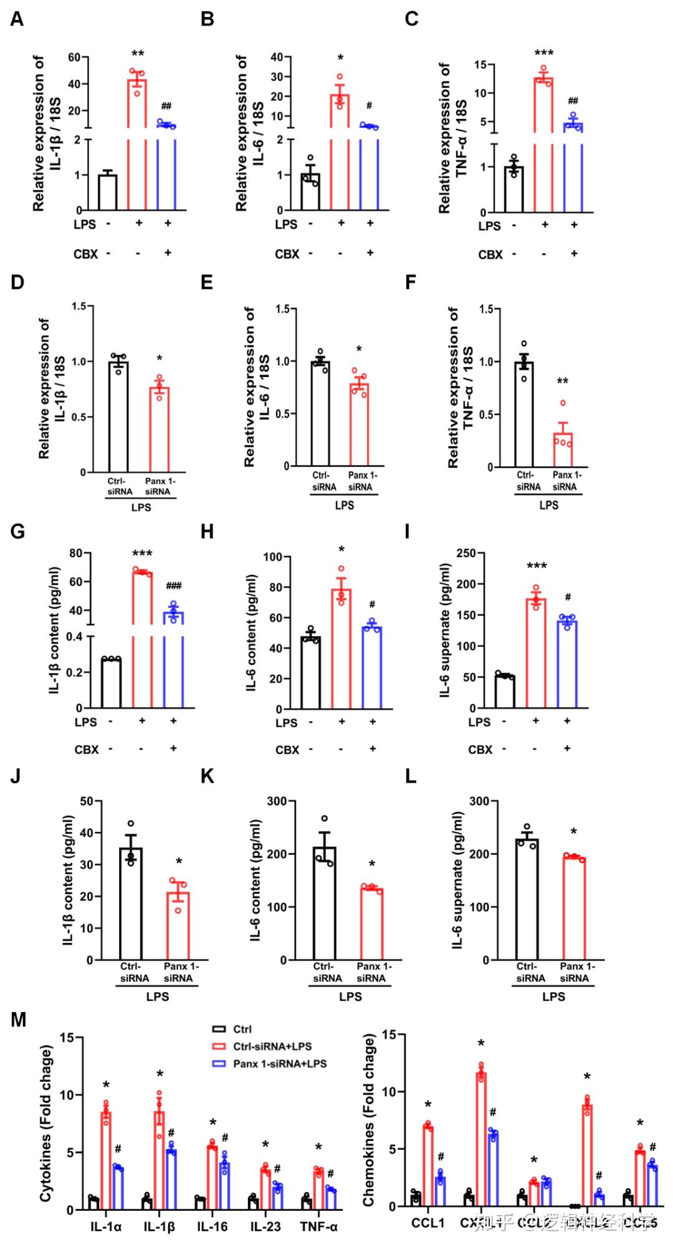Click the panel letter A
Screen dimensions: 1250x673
(x=17, y=19)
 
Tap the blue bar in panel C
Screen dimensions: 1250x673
(x=573, y=168)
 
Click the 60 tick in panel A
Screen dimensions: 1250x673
(x=74, y=57)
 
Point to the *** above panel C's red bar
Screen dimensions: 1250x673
(x=543, y=54)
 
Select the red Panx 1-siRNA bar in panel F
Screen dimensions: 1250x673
(x=563, y=449)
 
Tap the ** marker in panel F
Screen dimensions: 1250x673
(x=562, y=381)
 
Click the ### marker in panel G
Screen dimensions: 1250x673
(x=173, y=586)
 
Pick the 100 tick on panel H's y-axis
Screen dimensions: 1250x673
(x=274, y=556)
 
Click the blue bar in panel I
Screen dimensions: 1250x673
(x=567, y=664)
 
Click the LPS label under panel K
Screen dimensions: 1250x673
(x=350, y=997)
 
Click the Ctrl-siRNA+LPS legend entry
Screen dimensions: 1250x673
(x=272, y=1046)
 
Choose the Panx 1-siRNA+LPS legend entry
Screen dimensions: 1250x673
(x=279, y=1064)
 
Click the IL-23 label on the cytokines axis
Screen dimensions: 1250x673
(x=265, y=1226)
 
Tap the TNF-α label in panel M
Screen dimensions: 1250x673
(x=318, y=1226)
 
